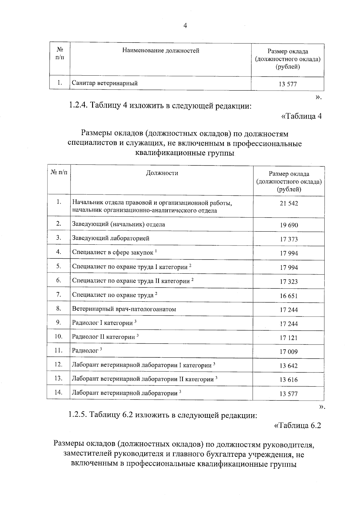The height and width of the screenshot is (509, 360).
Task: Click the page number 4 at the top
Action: point(185,26)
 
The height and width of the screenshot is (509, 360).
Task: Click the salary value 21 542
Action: point(289,203)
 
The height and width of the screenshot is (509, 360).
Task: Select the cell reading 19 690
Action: point(289,225)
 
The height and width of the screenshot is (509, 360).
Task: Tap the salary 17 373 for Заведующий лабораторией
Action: point(289,239)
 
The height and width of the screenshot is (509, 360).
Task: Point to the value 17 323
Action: point(289,282)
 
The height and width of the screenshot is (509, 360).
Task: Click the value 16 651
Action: point(289,296)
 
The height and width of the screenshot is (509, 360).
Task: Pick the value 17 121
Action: point(289,338)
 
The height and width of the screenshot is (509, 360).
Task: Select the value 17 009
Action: point(289,352)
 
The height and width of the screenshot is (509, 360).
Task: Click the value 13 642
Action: point(289,366)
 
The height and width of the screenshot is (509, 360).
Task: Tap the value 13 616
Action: point(289,380)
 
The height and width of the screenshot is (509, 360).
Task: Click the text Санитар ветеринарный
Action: point(105,83)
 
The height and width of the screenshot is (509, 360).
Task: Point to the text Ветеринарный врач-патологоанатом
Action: point(124,309)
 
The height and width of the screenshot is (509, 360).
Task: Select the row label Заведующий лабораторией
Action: point(111,238)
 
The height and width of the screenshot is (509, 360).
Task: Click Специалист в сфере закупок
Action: point(113,252)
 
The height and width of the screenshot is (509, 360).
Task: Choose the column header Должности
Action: point(162,173)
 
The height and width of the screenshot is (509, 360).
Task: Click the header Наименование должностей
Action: point(160,50)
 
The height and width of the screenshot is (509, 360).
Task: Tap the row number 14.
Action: point(58,392)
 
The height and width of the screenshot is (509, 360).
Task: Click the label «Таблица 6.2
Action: point(298,426)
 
